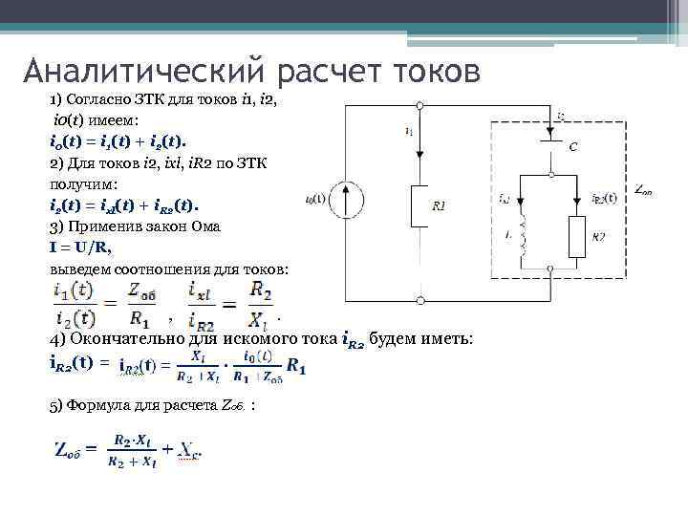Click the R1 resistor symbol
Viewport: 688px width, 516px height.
point(419,205)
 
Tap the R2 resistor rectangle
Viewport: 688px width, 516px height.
point(576,235)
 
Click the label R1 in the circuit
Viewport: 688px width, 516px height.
point(439,205)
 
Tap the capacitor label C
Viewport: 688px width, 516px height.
point(572,147)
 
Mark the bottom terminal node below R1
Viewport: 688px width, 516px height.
point(419,299)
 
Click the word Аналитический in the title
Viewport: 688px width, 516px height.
point(144,70)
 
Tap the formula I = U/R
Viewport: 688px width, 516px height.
point(80,247)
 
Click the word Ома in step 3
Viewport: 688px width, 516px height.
point(204,226)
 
